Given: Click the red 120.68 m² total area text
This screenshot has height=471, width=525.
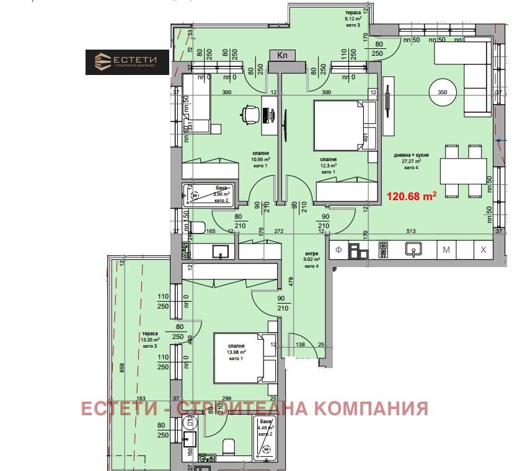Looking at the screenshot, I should (x=412, y=198).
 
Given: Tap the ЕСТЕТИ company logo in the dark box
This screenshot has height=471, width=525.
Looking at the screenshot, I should (x=127, y=62).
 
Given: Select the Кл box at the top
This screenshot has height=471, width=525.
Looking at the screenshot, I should (x=282, y=56).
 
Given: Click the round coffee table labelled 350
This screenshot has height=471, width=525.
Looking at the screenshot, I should (x=443, y=92).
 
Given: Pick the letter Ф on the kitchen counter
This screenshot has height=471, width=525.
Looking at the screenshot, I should (x=339, y=250).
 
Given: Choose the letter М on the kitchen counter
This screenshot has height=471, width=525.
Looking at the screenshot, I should (x=446, y=250).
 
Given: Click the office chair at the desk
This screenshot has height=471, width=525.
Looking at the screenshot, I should (x=249, y=115).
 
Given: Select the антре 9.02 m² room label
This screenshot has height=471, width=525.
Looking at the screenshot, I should (x=312, y=260).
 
